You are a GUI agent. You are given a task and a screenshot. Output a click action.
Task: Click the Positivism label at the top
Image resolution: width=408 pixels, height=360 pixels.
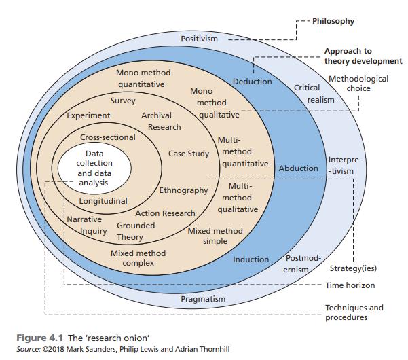[x=200, y=39]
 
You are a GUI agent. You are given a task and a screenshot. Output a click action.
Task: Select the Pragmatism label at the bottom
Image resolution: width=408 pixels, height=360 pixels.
[x=203, y=298]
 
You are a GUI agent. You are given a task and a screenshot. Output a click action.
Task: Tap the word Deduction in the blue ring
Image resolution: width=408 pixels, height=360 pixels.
[x=253, y=82]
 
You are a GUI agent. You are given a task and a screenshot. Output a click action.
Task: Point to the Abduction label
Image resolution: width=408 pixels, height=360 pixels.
[x=299, y=168]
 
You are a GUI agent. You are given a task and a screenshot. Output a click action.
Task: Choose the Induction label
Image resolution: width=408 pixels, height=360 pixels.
[x=251, y=259]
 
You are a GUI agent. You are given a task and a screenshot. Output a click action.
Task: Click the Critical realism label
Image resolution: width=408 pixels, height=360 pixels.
[x=312, y=94]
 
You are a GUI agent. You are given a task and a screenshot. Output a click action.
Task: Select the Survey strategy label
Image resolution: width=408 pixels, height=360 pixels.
[x=123, y=101]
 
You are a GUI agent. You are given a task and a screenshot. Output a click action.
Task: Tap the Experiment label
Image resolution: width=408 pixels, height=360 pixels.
[x=88, y=115]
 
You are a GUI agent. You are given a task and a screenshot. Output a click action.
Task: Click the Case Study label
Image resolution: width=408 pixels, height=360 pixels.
[x=189, y=154]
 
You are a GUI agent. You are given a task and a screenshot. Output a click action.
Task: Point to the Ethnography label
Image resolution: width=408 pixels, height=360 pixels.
[x=183, y=190]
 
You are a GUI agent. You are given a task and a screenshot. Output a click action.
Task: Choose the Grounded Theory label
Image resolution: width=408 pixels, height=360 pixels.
[x=133, y=231]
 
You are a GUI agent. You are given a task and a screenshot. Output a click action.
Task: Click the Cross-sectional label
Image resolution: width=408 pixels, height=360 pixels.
[x=107, y=137]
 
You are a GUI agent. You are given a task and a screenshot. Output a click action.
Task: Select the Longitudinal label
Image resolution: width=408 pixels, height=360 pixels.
[x=103, y=201]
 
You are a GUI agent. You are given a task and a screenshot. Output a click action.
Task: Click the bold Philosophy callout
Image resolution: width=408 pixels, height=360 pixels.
[x=333, y=21]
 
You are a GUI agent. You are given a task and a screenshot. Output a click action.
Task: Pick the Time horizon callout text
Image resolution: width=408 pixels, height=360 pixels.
[x=349, y=285]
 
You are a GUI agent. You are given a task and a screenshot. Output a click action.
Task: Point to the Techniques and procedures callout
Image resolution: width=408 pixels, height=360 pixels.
[x=354, y=312]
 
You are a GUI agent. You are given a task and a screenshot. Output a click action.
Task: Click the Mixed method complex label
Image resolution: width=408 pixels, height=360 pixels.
[x=138, y=258]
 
